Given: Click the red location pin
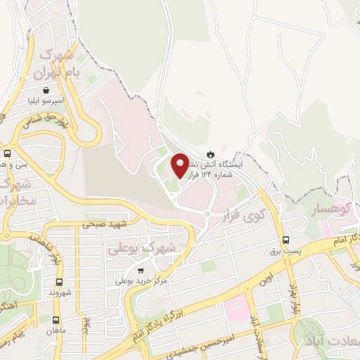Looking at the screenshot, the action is click(x=180, y=165).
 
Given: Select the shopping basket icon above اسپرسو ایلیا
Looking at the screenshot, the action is click(x=46, y=90).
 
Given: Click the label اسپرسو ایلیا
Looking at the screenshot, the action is click(x=46, y=101).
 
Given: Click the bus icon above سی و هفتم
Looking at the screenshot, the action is click(x=7, y=153).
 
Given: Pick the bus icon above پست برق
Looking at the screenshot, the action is click(x=285, y=239).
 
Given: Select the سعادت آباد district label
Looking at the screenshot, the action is click(x=330, y=340).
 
